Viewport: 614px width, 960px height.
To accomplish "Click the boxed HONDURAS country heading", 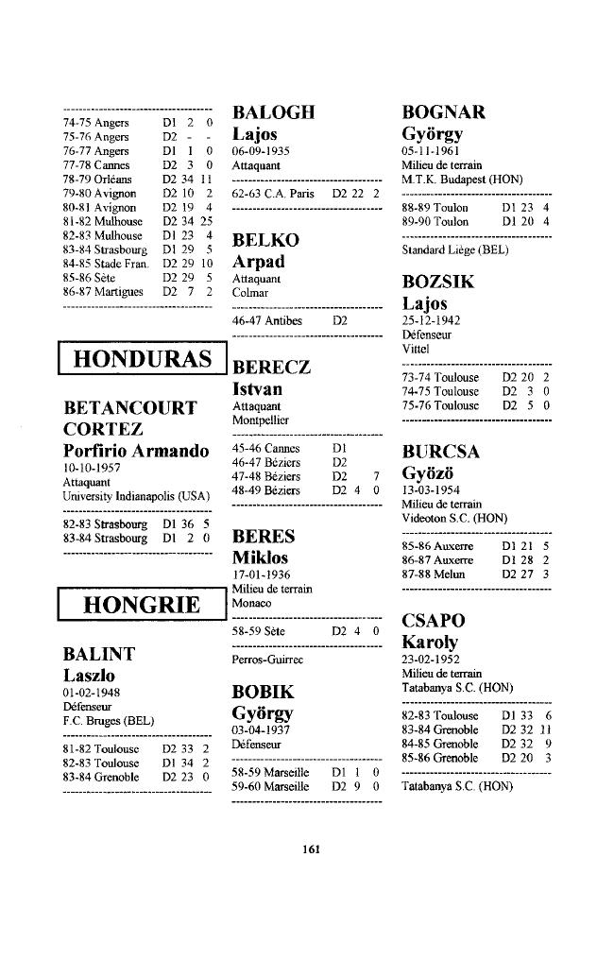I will point(142,359).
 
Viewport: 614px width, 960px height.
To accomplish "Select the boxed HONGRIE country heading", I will point(142,605).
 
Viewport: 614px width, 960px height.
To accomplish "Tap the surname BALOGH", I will point(273,112).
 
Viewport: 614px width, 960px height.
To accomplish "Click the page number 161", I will point(308,848).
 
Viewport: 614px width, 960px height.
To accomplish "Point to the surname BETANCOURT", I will point(129,408).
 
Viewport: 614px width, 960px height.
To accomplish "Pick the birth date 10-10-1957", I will point(93,468).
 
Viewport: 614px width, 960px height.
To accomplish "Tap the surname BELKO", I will point(265,240).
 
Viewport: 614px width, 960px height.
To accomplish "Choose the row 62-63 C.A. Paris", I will point(304,193).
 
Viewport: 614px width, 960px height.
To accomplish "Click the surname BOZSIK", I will point(438,283).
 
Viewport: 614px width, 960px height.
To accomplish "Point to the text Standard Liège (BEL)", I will point(454,250).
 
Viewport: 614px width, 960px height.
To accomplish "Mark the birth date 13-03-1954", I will point(432,491).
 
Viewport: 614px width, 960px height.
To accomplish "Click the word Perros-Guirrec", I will point(267,659).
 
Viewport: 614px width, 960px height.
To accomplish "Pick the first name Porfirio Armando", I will point(136,451).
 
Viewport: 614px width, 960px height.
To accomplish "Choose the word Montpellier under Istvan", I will point(261,419).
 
